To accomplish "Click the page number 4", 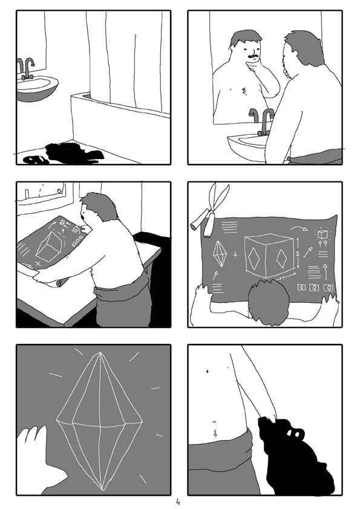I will click(x=178, y=502).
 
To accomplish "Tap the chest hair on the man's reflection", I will click(x=243, y=91).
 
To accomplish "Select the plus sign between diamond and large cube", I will click(x=235, y=253).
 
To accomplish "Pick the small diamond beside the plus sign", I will click(x=219, y=254).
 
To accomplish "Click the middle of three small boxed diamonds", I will click(x=313, y=287).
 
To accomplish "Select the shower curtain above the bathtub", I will click(x=127, y=60).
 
